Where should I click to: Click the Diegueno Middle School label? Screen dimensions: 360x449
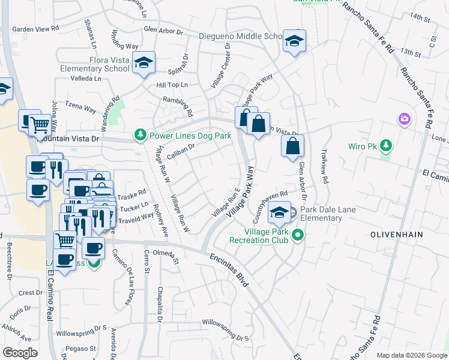(241, 37)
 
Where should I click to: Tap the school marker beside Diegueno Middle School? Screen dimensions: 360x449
(294, 41)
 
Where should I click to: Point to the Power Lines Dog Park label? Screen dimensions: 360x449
(190, 136)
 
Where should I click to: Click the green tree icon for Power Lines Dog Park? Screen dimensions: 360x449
(140, 135)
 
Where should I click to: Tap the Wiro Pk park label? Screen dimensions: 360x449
(362, 146)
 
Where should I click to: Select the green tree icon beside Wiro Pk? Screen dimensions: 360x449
(385, 145)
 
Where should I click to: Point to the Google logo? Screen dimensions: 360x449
(20, 352)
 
